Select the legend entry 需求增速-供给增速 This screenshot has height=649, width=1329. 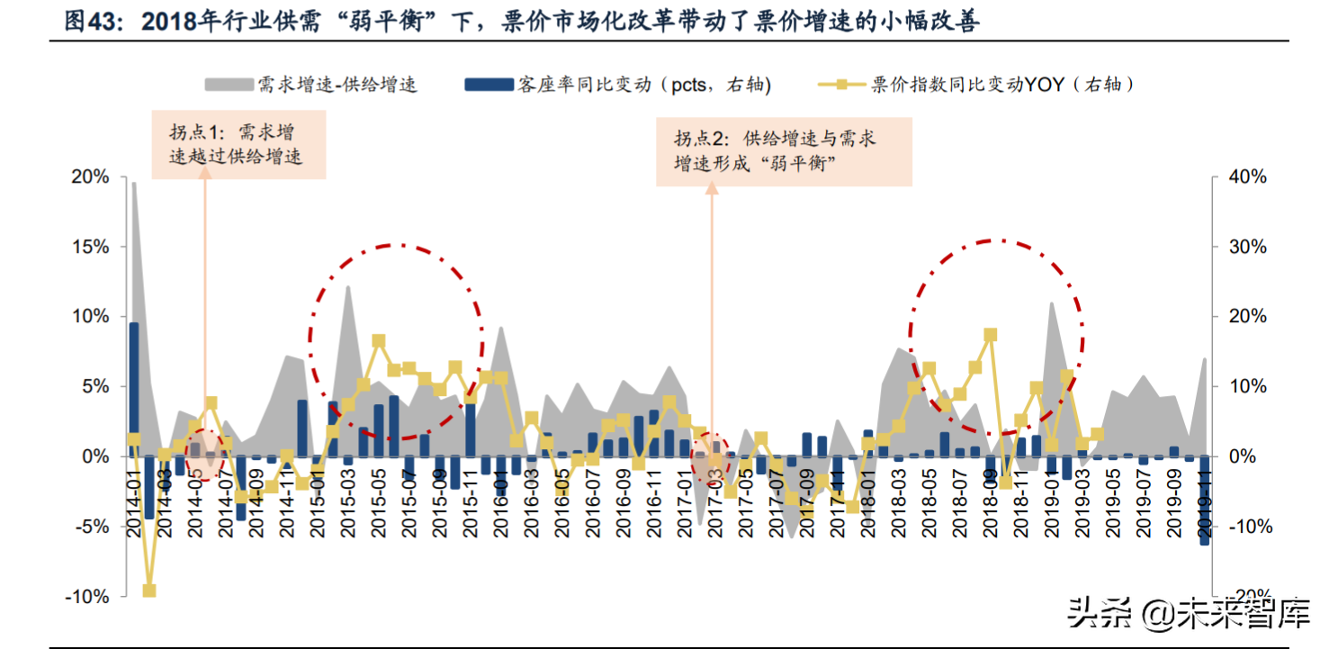[310, 85]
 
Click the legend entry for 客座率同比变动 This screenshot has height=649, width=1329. [617, 85]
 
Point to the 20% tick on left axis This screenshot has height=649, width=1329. [90, 177]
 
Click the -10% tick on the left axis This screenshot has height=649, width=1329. [87, 596]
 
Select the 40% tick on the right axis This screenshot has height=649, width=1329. [1247, 177]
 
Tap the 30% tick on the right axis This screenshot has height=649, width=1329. [1247, 247]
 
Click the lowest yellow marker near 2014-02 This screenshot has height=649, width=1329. [149, 590]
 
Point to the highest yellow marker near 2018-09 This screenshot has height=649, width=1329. [991, 335]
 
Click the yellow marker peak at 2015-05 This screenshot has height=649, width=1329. [379, 341]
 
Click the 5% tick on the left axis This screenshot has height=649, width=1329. [94, 386]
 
